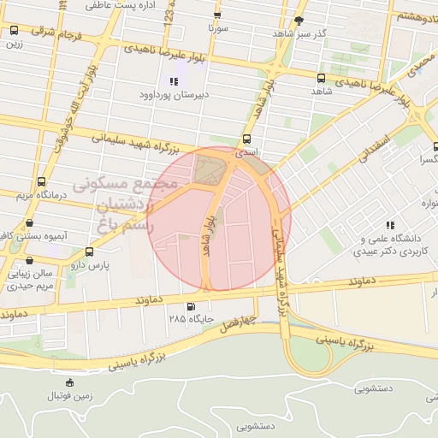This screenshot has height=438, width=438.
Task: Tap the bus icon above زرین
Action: click(14, 31)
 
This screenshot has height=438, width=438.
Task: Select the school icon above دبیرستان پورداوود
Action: click(174, 82)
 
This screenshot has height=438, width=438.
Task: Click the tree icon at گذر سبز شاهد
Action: click(298, 20)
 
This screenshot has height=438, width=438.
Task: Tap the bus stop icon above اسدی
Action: click(247, 138)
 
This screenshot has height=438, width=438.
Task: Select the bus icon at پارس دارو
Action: click(90, 252)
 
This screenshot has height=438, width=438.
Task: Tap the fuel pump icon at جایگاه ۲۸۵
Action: click(190, 306)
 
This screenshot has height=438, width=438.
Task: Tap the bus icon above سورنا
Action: click(217, 15)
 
